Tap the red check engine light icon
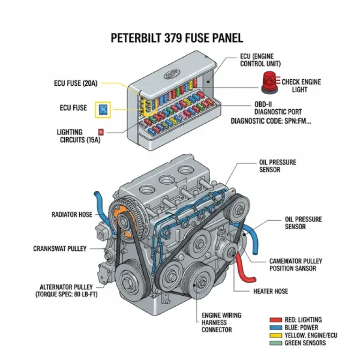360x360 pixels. coord(269,82)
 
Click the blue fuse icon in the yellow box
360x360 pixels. coord(103,110)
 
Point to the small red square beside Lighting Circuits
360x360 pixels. coord(101,132)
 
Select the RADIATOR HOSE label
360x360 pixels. coord(72,215)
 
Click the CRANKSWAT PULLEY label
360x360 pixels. coord(60,248)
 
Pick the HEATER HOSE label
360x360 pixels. coord(270,291)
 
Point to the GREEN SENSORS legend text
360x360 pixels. coord(307,343)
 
